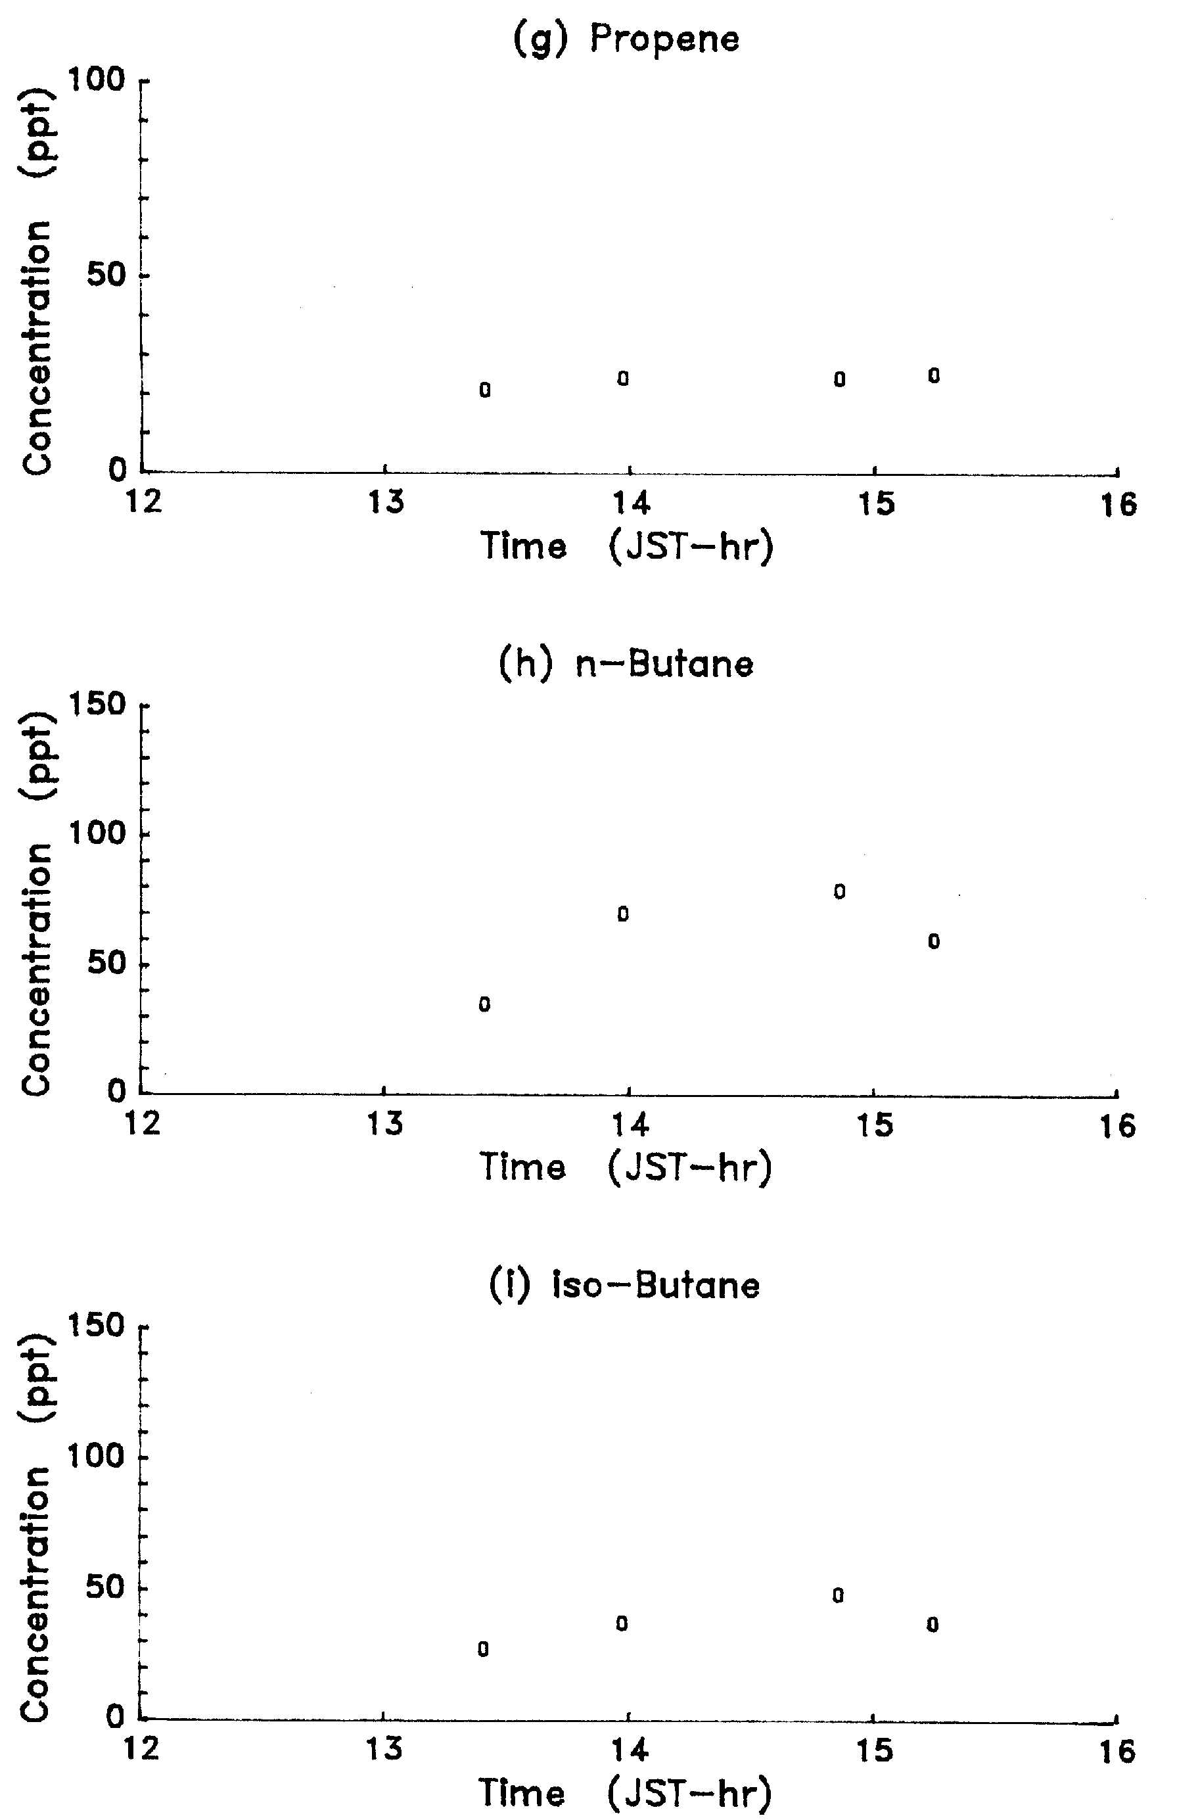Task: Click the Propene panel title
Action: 626,39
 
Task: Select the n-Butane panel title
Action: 626,664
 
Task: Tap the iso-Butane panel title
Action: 624,1285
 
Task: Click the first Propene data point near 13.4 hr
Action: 485,390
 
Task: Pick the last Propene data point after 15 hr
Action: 933,375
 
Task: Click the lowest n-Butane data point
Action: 485,1005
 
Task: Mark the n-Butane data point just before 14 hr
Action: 623,914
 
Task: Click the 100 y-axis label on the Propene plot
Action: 97,80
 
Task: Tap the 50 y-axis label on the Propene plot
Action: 106,275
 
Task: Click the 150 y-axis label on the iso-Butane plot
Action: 97,1325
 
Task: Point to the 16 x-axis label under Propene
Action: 1118,505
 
